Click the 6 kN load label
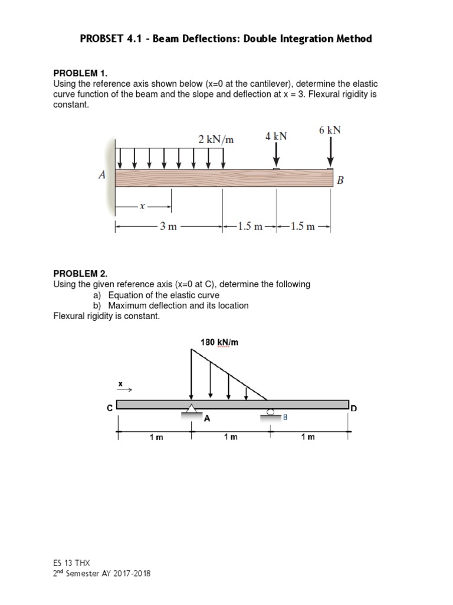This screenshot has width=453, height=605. click(x=330, y=130)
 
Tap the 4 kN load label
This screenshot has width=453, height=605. click(x=276, y=136)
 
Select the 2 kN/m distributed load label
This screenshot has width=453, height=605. click(x=216, y=139)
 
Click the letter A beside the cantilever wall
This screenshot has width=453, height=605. click(x=102, y=175)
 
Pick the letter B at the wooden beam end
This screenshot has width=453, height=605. click(x=340, y=181)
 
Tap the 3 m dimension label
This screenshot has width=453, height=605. click(x=168, y=226)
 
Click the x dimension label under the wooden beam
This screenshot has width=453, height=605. click(x=142, y=206)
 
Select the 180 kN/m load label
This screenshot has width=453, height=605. click(x=219, y=342)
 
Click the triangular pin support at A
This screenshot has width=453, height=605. click(x=191, y=409)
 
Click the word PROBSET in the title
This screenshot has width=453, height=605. click(x=101, y=39)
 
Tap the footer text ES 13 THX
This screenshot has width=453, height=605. click(x=71, y=563)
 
